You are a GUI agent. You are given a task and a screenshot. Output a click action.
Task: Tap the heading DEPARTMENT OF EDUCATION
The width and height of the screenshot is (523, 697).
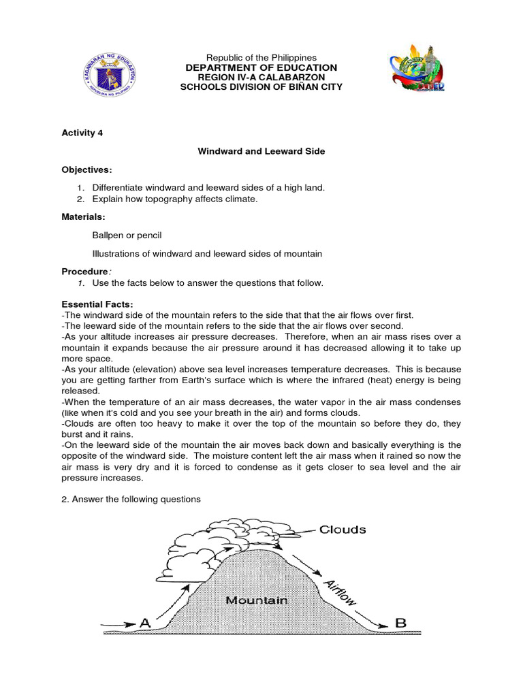261,67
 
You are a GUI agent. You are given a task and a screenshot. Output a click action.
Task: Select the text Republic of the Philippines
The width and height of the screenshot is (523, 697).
261,58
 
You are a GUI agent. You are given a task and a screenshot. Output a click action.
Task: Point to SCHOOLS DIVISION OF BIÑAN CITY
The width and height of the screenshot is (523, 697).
261,87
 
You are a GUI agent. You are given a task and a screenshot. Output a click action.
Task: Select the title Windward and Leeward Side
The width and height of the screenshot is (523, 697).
261,151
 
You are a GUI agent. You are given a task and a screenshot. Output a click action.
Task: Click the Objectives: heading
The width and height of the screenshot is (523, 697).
86,169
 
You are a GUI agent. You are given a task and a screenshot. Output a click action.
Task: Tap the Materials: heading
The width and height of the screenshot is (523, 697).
84,216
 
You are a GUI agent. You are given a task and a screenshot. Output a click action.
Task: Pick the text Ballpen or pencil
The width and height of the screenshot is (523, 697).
127,235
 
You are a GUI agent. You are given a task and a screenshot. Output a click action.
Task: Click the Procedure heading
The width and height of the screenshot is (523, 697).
86,271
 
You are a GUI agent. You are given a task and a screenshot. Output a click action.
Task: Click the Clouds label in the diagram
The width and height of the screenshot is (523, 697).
343,530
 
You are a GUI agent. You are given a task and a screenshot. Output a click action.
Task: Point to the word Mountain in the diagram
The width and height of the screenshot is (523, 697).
257,600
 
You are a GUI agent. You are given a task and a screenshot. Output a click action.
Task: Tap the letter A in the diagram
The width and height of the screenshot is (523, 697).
145,622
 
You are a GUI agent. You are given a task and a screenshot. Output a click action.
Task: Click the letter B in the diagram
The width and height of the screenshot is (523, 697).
401,622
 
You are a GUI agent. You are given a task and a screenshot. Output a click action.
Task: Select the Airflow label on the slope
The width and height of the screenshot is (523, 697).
340,592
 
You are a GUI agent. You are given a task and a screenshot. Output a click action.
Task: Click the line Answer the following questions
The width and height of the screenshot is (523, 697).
131,499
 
